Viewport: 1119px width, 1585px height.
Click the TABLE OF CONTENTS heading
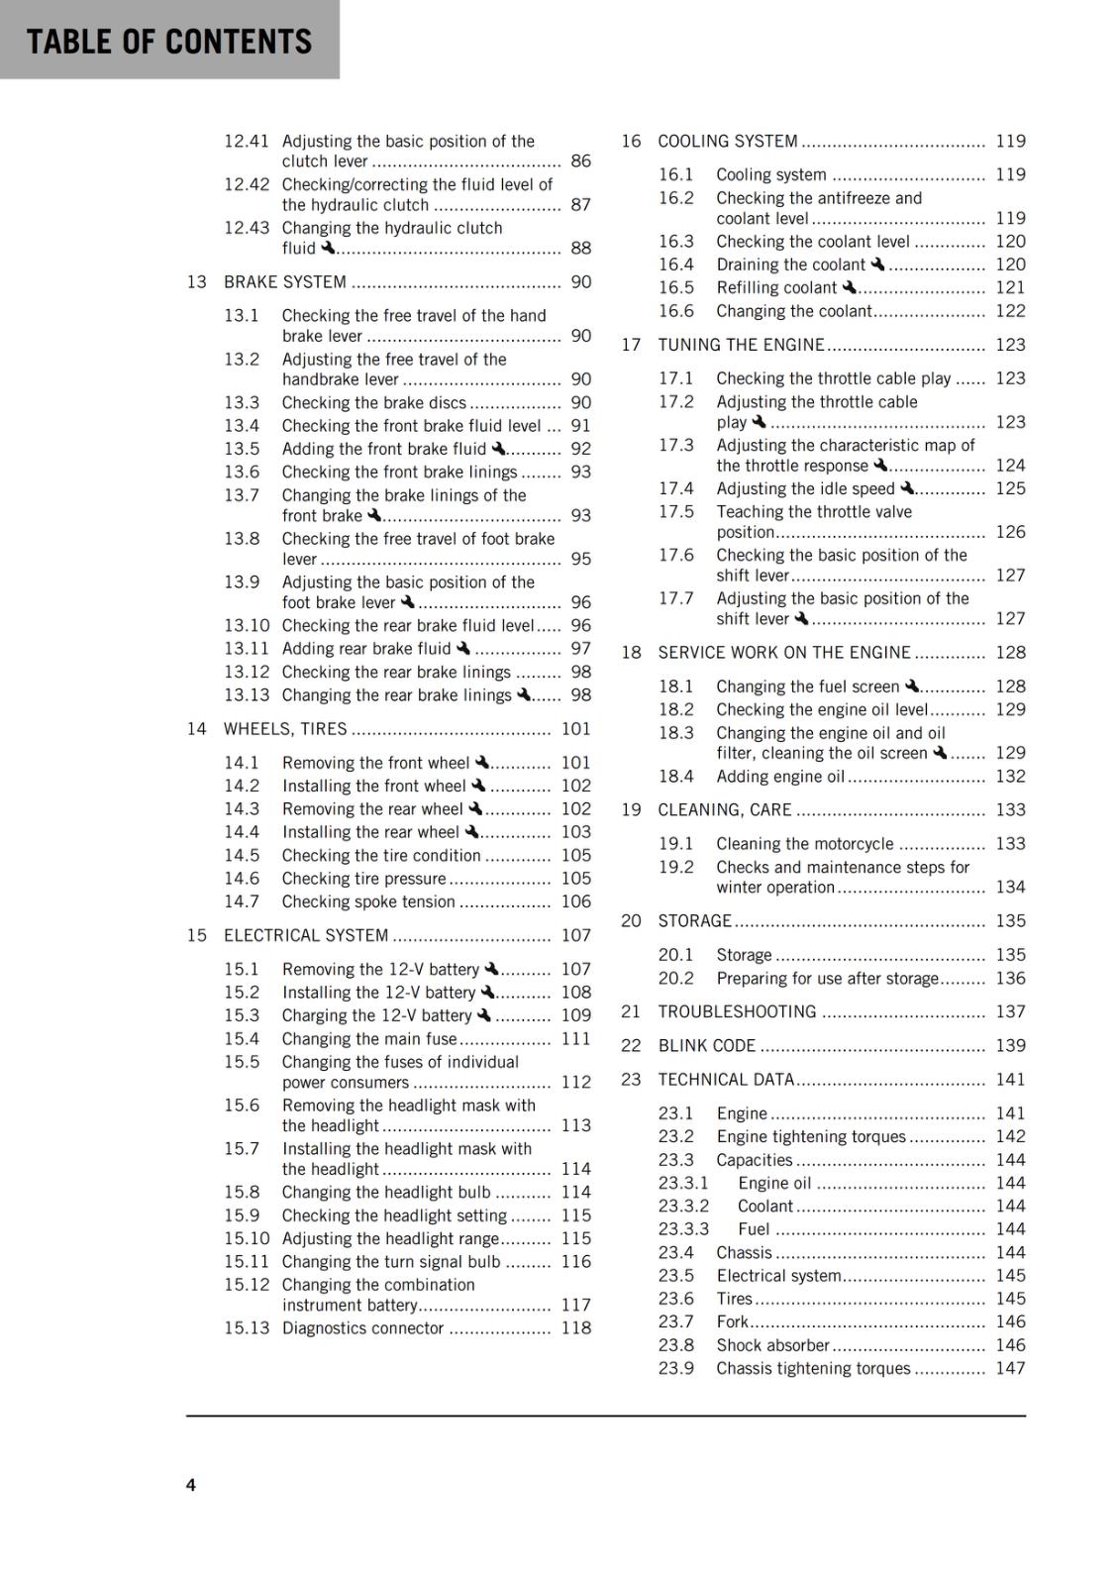pos(169,42)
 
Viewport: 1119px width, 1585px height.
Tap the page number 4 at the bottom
pos(191,1484)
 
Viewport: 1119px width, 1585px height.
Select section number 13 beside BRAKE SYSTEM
pos(197,282)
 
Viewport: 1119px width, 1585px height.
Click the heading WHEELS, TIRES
pos(285,729)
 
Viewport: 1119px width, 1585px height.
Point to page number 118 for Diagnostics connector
pos(575,1328)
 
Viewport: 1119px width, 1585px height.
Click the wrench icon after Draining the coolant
pos(877,264)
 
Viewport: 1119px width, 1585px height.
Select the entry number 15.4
pos(242,1039)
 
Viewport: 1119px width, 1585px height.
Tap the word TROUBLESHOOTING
pos(737,1011)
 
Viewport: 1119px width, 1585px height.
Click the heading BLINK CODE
pos(706,1046)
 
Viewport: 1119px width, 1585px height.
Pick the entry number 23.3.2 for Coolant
pos(683,1207)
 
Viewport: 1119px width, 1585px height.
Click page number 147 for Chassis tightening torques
pos(1010,1368)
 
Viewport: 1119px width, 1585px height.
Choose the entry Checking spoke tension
pos(368,901)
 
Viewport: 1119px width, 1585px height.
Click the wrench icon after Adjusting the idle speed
pos(907,488)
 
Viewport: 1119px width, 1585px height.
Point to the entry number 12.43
pos(247,228)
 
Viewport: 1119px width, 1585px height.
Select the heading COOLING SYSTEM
pos(728,142)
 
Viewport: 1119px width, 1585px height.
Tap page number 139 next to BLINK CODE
pos(1010,1046)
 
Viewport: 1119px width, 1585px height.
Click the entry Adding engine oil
pos(780,777)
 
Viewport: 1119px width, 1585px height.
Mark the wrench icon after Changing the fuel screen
pos(912,686)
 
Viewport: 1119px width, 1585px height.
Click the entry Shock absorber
pos(772,1345)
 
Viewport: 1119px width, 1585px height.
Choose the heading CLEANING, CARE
pos(725,810)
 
